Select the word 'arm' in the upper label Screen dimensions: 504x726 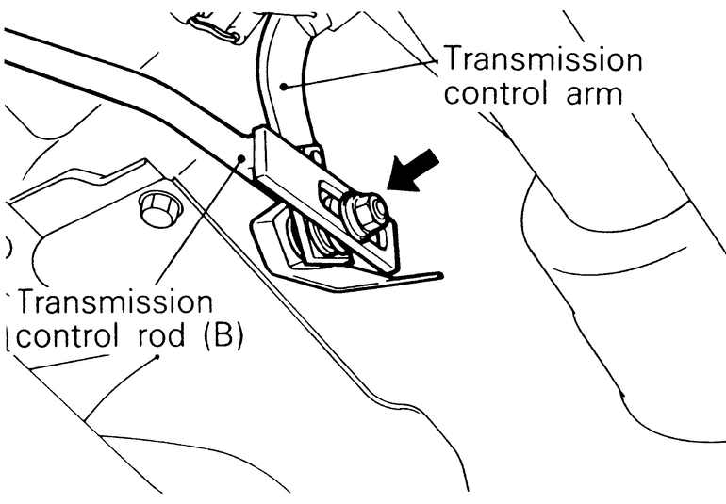tap(588, 93)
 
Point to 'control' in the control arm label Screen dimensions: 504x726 tap(498, 93)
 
